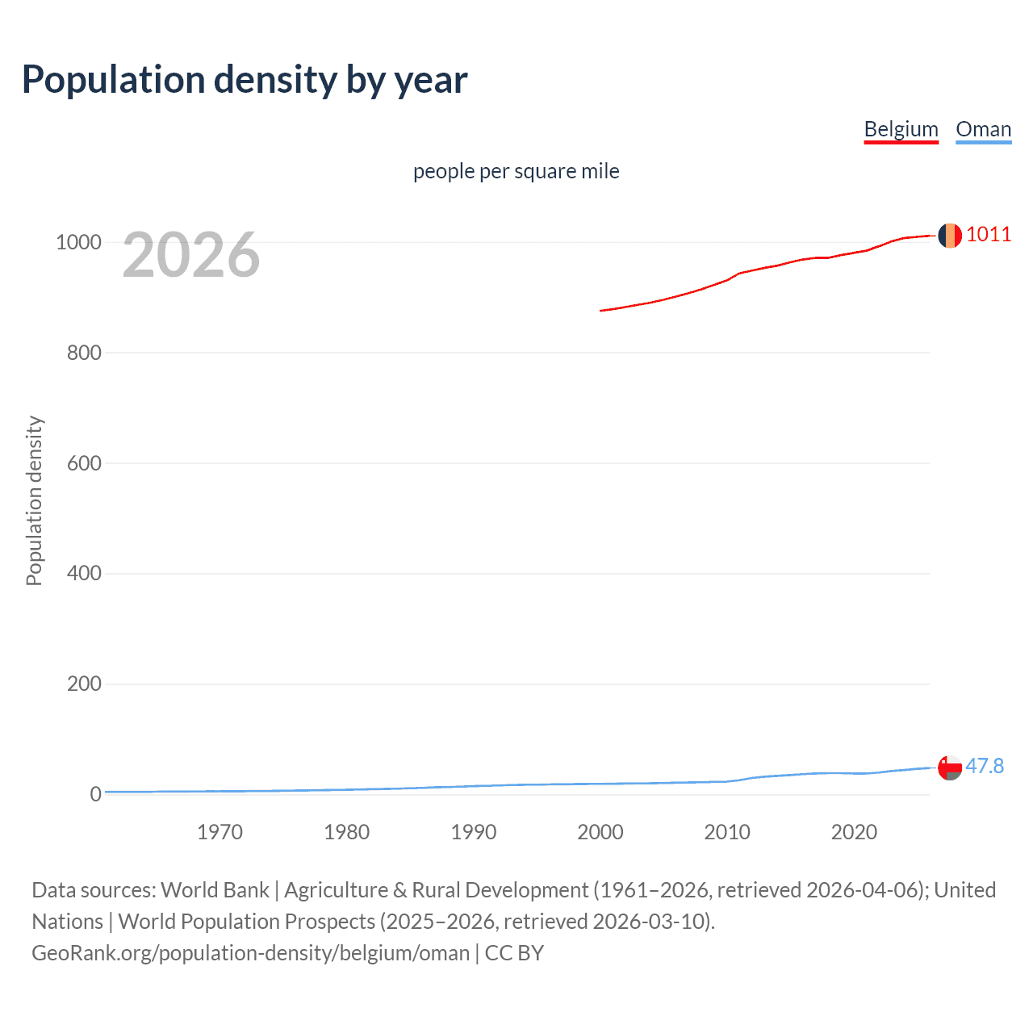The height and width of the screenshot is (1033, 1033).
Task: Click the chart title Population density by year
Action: pyautogui.click(x=245, y=80)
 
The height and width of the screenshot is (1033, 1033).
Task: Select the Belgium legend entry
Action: pyautogui.click(x=901, y=129)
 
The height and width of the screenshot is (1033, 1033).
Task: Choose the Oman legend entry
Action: pyautogui.click(x=983, y=129)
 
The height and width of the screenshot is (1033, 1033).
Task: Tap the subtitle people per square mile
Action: pyautogui.click(x=516, y=171)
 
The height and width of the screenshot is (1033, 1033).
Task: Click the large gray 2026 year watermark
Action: pyautogui.click(x=191, y=255)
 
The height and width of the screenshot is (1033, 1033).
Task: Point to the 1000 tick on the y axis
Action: pyautogui.click(x=78, y=242)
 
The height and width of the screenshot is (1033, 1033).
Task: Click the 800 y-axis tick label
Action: pyautogui.click(x=84, y=353)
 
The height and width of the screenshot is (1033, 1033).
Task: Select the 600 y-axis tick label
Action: pyautogui.click(x=84, y=463)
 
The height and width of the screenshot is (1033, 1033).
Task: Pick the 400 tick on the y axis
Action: pyautogui.click(x=84, y=573)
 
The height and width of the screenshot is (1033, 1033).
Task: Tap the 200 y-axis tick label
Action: pyautogui.click(x=84, y=684)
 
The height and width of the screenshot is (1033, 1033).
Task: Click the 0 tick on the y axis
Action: pyautogui.click(x=96, y=794)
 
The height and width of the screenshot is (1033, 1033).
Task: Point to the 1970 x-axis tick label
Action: pyautogui.click(x=220, y=832)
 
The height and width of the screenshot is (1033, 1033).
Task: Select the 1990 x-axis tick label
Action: pyautogui.click(x=474, y=832)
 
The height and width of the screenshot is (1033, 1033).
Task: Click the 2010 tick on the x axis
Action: pyautogui.click(x=727, y=832)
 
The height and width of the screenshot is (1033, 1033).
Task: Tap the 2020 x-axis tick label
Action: pyautogui.click(x=854, y=832)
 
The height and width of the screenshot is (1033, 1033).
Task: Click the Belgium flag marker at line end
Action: pyautogui.click(x=950, y=236)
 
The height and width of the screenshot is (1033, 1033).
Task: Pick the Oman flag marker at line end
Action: pyautogui.click(x=950, y=767)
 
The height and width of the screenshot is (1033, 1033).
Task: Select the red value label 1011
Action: pyautogui.click(x=989, y=234)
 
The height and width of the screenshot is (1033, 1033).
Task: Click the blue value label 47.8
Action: pyautogui.click(x=985, y=766)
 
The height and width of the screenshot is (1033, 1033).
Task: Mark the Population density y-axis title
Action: pyautogui.click(x=34, y=500)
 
